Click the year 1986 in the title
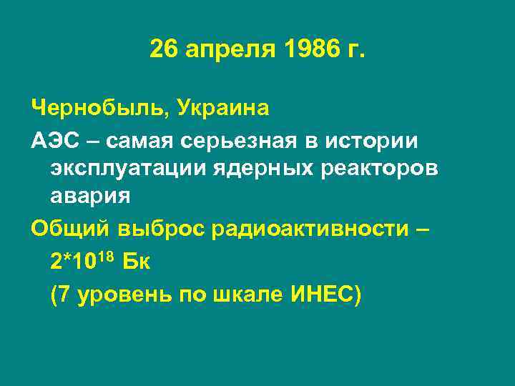point(308,50)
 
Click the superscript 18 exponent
point(108,254)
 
